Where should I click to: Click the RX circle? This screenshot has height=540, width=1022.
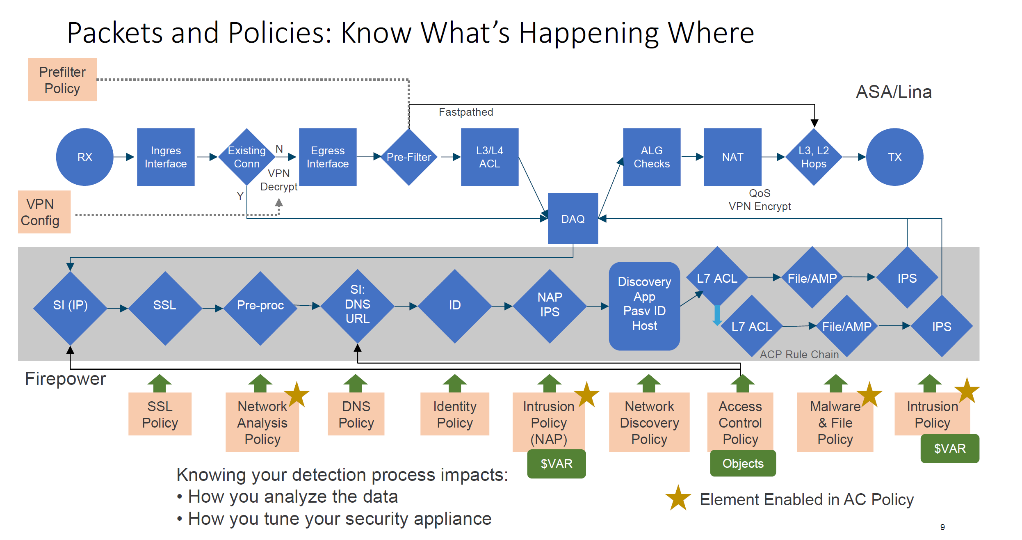tap(84, 157)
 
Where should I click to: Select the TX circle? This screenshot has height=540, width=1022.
tap(894, 157)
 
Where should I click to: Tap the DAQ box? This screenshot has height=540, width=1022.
tap(573, 218)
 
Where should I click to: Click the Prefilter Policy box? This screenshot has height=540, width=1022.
tap(62, 80)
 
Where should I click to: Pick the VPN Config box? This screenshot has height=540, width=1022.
tap(44, 212)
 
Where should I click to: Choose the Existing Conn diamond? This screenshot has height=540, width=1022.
tap(246, 157)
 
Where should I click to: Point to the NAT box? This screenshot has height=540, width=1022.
tap(732, 157)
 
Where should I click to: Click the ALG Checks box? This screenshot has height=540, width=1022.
tap(651, 157)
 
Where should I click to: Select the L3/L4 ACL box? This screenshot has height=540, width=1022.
tap(489, 157)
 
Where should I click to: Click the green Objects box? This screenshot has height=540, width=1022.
tap(743, 463)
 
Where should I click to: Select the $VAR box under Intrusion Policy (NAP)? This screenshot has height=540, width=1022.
tap(556, 464)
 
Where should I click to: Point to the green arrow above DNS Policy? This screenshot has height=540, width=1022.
tap(355, 383)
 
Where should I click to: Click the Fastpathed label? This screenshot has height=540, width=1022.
tap(466, 112)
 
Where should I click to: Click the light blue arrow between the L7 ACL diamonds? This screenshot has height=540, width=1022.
tap(717, 315)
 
